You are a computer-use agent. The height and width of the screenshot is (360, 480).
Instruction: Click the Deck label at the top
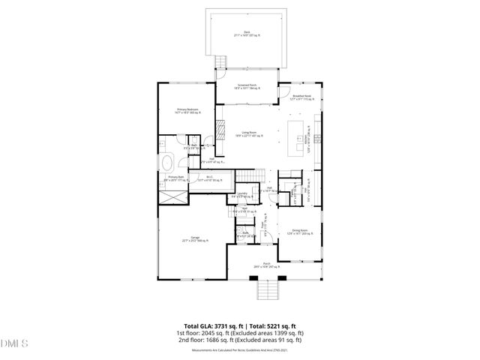[241, 32]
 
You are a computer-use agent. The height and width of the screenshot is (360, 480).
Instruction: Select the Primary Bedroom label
[187, 110]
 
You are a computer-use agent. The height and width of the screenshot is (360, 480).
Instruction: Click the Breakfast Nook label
[301, 94]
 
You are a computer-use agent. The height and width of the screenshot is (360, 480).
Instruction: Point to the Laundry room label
[242, 194]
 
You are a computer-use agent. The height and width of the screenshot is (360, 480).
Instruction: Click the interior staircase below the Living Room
[249, 178]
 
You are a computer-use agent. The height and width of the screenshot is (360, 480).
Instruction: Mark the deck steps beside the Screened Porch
[220, 62]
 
